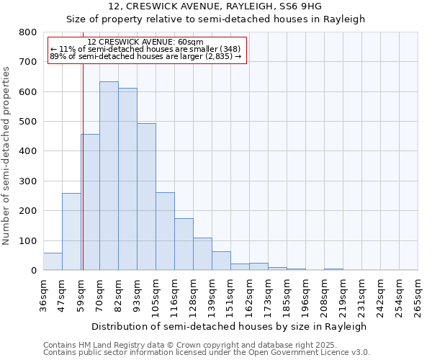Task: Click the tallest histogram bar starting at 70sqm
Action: click(x=109, y=176)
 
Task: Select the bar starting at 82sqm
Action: click(x=127, y=179)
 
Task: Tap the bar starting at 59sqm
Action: click(x=90, y=202)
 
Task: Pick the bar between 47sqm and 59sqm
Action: click(x=71, y=232)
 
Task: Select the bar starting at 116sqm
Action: click(x=184, y=244)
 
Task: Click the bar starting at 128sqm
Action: click(x=202, y=254)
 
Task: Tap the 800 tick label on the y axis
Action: click(x=27, y=32)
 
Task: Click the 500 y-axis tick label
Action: click(x=27, y=122)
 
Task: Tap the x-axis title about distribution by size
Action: click(x=230, y=326)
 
